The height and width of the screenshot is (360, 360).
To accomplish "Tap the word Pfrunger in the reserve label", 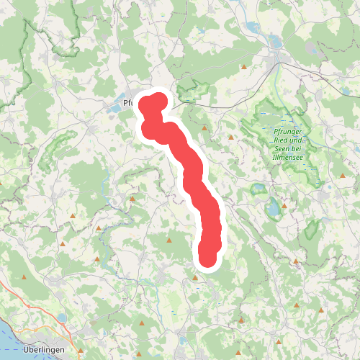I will [x=288, y=130].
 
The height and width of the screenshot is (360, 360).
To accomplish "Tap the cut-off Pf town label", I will [x=128, y=103].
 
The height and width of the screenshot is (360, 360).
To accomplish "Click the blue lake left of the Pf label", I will [x=115, y=108].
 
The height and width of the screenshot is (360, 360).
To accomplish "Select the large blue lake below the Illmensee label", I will [x=274, y=210].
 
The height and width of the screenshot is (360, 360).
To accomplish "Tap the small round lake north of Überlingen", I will [x=63, y=318].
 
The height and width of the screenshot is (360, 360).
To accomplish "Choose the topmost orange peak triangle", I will [x=245, y=67].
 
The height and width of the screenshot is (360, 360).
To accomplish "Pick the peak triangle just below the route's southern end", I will [x=195, y=276].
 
